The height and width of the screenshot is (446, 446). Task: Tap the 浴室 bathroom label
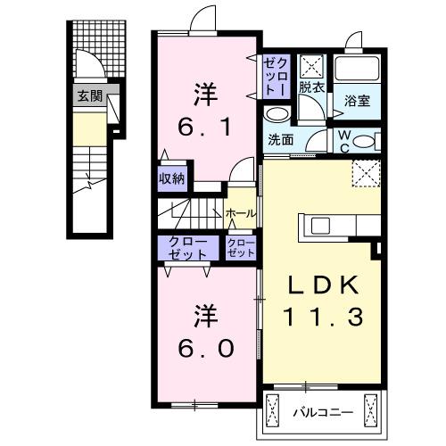coord(358,101)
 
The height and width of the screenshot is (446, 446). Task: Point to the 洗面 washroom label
coord(280,139)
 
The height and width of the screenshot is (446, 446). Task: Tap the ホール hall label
coord(241,214)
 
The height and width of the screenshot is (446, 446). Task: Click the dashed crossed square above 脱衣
coord(312,65)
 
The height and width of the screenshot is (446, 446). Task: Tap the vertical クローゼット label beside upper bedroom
coord(273,76)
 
